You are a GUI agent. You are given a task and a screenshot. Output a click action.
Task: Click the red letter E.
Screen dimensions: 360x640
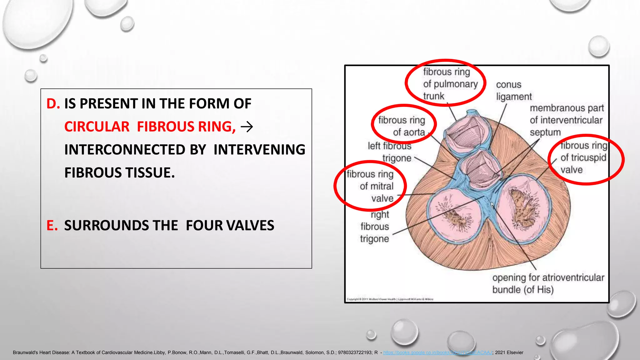point(52,226)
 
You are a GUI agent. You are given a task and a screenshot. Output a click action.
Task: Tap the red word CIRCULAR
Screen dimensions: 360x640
point(97,127)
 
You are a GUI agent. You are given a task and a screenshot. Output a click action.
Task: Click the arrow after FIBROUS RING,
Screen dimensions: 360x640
point(247,127)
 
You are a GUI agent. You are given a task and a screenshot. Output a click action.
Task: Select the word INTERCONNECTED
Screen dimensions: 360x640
point(135,150)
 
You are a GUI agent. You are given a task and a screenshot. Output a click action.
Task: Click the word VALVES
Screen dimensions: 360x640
point(250,226)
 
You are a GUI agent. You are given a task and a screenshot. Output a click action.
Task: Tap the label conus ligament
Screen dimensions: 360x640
point(513,91)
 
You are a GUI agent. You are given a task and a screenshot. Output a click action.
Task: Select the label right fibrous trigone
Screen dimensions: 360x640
point(375,227)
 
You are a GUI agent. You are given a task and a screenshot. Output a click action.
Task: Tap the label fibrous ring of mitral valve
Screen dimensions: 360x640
point(372,186)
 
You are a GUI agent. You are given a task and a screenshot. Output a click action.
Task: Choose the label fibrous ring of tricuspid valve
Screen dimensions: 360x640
point(583,158)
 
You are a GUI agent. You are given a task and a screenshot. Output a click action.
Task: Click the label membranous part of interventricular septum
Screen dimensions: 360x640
point(566,120)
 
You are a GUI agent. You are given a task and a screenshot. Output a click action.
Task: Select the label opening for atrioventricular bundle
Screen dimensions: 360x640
point(547,283)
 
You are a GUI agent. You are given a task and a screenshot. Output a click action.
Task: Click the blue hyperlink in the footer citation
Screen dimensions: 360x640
point(437,352)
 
